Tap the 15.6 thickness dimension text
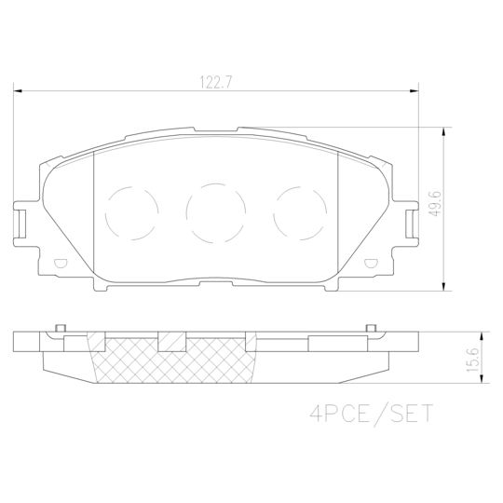pos(473,358)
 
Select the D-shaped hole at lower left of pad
pos(60,264)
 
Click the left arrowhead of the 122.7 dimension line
pos(17,91)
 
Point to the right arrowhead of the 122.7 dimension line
pos(415,91)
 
